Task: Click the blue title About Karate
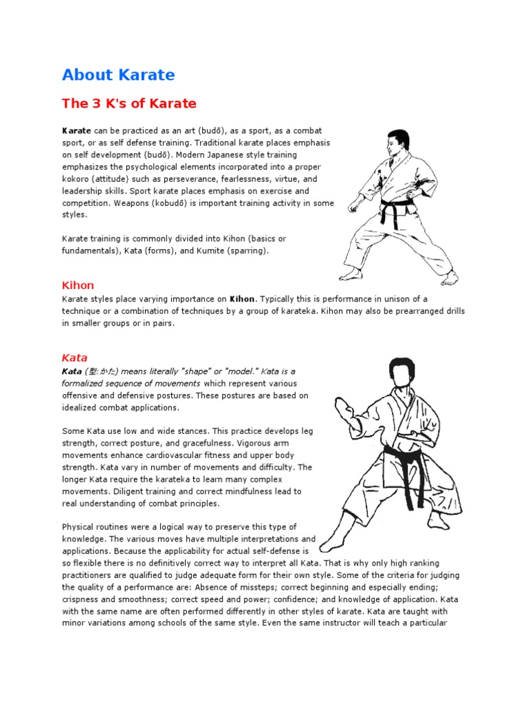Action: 118,74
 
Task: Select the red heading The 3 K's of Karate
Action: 129,104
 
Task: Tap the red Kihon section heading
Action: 78,285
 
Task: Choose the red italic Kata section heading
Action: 75,358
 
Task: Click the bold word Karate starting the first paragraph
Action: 77,130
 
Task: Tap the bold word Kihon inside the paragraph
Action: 242,299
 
